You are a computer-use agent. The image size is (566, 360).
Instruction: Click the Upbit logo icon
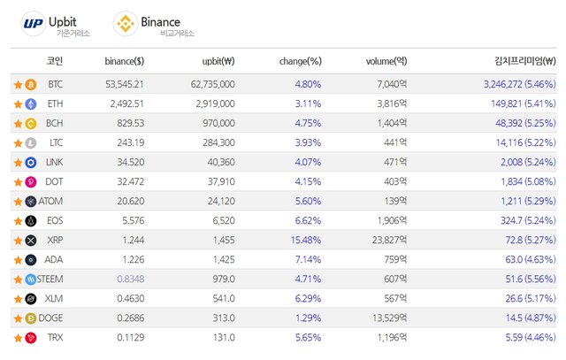34,24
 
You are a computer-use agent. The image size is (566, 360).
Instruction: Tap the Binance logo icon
126,24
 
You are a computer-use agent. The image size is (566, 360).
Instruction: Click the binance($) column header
124,61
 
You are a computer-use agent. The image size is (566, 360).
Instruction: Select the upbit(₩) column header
218,61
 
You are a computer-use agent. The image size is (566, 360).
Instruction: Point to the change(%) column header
301,61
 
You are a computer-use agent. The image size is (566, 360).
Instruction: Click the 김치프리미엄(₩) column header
524,61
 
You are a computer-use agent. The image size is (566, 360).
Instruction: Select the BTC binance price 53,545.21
125,85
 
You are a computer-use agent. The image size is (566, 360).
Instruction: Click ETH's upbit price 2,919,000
215,104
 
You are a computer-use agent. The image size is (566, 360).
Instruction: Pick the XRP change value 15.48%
306,240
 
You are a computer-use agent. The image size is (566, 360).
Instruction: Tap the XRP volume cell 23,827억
389,240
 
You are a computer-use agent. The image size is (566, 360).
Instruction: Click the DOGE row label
50,318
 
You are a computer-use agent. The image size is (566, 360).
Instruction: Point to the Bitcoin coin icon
31,85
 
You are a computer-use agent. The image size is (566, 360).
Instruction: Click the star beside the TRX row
18,338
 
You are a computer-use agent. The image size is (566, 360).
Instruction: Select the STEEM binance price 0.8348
131,280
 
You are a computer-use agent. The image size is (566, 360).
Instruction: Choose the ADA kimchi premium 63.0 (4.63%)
531,260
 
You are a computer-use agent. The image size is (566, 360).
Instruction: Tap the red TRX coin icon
31,338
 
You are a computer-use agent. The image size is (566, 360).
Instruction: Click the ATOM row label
50,201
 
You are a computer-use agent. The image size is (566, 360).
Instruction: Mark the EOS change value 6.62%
308,220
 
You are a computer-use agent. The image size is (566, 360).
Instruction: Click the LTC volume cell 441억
395,142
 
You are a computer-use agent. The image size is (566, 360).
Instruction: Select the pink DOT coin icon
31,182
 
